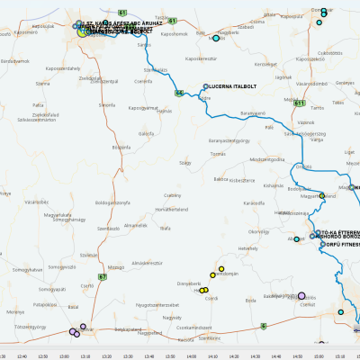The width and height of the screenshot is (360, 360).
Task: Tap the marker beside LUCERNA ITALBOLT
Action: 205,86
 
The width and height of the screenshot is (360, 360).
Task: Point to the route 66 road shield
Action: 180,93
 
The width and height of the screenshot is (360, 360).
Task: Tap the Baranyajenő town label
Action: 252,113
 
